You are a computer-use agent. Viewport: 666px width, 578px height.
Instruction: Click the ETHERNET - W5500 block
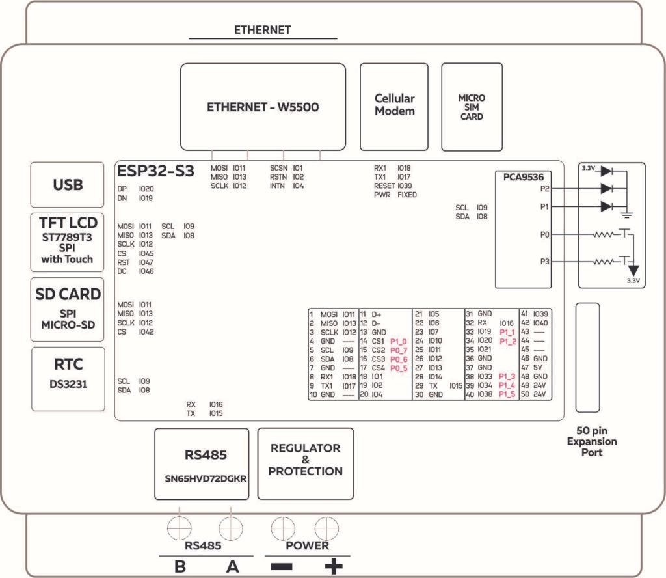pyautogui.click(x=263, y=107)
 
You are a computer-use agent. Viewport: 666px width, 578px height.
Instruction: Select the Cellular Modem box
pyautogui.click(x=394, y=107)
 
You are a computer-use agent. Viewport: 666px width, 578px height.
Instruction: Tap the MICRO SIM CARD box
pyautogui.click(x=472, y=107)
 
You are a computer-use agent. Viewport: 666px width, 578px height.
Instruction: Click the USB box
pyautogui.click(x=68, y=185)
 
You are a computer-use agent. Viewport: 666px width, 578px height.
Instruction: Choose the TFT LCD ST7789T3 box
pyautogui.click(x=68, y=241)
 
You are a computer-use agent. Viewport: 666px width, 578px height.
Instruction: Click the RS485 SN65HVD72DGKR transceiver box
pyautogui.click(x=202, y=463)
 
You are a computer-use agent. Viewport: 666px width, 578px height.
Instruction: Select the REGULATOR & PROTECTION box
pyautogui.click(x=305, y=463)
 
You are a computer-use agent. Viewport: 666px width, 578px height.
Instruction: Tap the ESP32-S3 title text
pyautogui.click(x=155, y=172)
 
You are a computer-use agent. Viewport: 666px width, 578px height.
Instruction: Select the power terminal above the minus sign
pyautogui.click(x=282, y=525)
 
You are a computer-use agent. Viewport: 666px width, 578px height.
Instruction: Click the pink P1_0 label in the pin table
pyautogui.click(x=398, y=341)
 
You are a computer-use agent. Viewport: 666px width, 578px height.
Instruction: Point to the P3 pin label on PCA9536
pyautogui.click(x=545, y=262)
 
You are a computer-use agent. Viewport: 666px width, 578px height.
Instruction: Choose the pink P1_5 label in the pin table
pyautogui.click(x=507, y=394)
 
